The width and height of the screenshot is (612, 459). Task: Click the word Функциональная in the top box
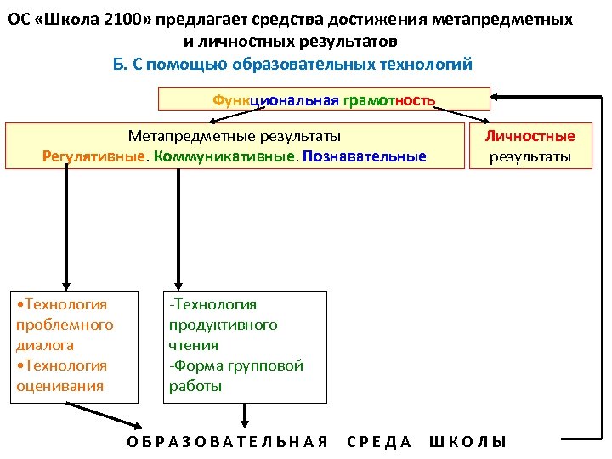coord(275,100)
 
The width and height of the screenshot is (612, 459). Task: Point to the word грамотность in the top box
coord(388,100)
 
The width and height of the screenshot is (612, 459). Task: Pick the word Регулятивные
coord(93,156)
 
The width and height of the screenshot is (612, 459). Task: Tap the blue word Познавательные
coord(364,156)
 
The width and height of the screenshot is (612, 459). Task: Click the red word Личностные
coord(530,136)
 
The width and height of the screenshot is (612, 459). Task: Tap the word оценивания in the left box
coord(59,386)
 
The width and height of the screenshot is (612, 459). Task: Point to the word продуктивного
coord(223,325)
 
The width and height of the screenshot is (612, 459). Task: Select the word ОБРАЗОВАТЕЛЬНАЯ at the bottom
coord(227,441)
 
